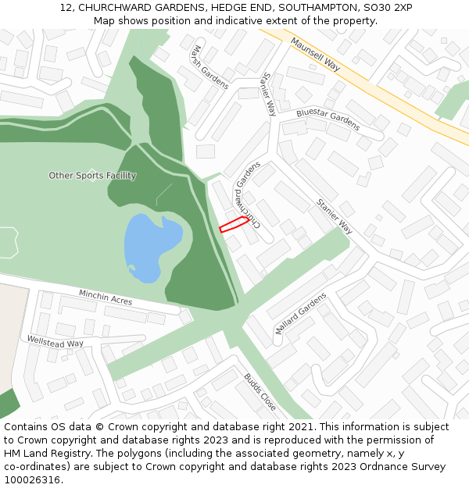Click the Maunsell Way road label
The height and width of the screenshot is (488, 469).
coord(316,54)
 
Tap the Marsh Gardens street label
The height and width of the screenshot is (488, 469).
coord(207,67)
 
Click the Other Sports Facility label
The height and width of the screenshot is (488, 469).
coord(92,176)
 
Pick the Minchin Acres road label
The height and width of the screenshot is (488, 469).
coord(106,297)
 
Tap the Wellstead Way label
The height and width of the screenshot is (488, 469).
coord(55,342)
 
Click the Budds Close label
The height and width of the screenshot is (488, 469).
coord(260,392)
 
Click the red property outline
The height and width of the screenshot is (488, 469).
coord(234,225)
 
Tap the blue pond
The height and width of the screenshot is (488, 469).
coord(150,246)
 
